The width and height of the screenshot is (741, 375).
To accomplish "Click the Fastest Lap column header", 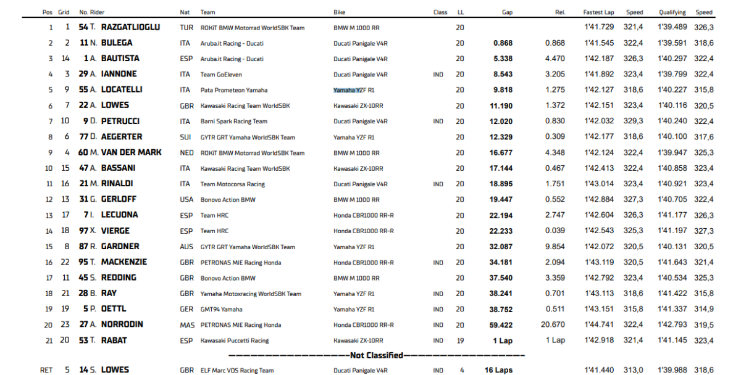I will point(598,12).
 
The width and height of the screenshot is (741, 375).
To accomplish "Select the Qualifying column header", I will point(672,12).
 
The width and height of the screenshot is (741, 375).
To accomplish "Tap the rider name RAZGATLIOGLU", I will point(130,27).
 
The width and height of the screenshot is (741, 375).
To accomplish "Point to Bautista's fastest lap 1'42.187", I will point(599,59).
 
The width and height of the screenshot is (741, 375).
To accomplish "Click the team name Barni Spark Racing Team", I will point(234,122).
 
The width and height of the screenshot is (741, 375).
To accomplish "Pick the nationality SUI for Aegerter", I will point(186,137).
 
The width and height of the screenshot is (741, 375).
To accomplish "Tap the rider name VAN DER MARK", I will point(131,152).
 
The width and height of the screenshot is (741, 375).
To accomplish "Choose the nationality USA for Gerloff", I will point(186,200).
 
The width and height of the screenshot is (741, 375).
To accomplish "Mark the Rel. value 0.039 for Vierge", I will point(555,231).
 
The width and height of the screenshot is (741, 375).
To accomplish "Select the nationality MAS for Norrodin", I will point(186,325).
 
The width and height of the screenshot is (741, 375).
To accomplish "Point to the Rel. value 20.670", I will point(553,325).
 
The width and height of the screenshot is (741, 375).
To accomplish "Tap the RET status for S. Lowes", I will point(46,370).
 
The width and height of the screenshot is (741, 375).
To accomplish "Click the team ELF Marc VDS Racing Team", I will point(237,371).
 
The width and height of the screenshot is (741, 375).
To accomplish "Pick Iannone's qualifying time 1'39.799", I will point(672,75).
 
